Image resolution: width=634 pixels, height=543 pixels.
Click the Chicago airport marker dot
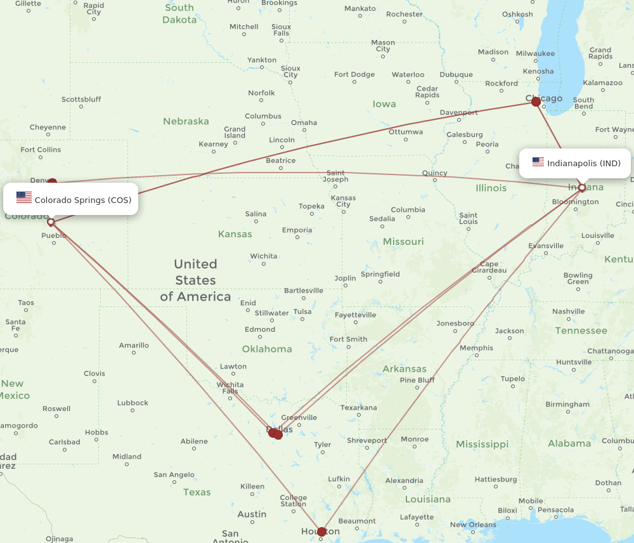pyautogui.click(x=536, y=101)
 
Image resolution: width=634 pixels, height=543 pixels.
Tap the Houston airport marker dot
pyautogui.click(x=322, y=532)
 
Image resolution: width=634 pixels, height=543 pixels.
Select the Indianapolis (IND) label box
pyautogui.click(x=575, y=163)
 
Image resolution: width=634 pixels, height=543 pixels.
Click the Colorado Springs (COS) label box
pyautogui.click(x=70, y=200)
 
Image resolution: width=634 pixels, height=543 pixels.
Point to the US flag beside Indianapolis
pyautogui.click(x=538, y=162)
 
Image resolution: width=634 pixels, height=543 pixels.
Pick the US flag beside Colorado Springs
pyautogui.click(x=24, y=197)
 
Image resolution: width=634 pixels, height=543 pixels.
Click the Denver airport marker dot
pyautogui.click(x=52, y=183)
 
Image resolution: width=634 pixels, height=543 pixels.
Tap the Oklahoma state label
pyautogui.click(x=267, y=349)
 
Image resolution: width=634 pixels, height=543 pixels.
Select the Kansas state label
pyautogui.click(x=235, y=234)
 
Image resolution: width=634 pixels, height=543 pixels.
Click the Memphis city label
pyautogui.click(x=476, y=348)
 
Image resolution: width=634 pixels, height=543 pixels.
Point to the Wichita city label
pyautogui.click(x=264, y=256)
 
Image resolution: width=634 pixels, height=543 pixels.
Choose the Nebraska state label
pyautogui.click(x=186, y=121)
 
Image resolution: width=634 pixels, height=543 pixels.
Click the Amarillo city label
pyautogui.click(x=134, y=346)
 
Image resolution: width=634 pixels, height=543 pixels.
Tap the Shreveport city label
pyautogui.click(x=366, y=440)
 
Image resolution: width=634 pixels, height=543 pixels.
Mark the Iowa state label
pyautogui.click(x=384, y=104)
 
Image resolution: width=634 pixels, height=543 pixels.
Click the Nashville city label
pyautogui.click(x=568, y=311)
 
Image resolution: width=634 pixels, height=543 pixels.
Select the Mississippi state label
pyautogui.click(x=482, y=444)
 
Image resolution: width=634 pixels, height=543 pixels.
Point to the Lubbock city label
pyautogui.click(x=133, y=403)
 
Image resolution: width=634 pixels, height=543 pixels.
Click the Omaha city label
pyautogui.click(x=304, y=123)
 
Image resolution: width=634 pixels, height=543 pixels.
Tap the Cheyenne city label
pyautogui.click(x=48, y=128)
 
